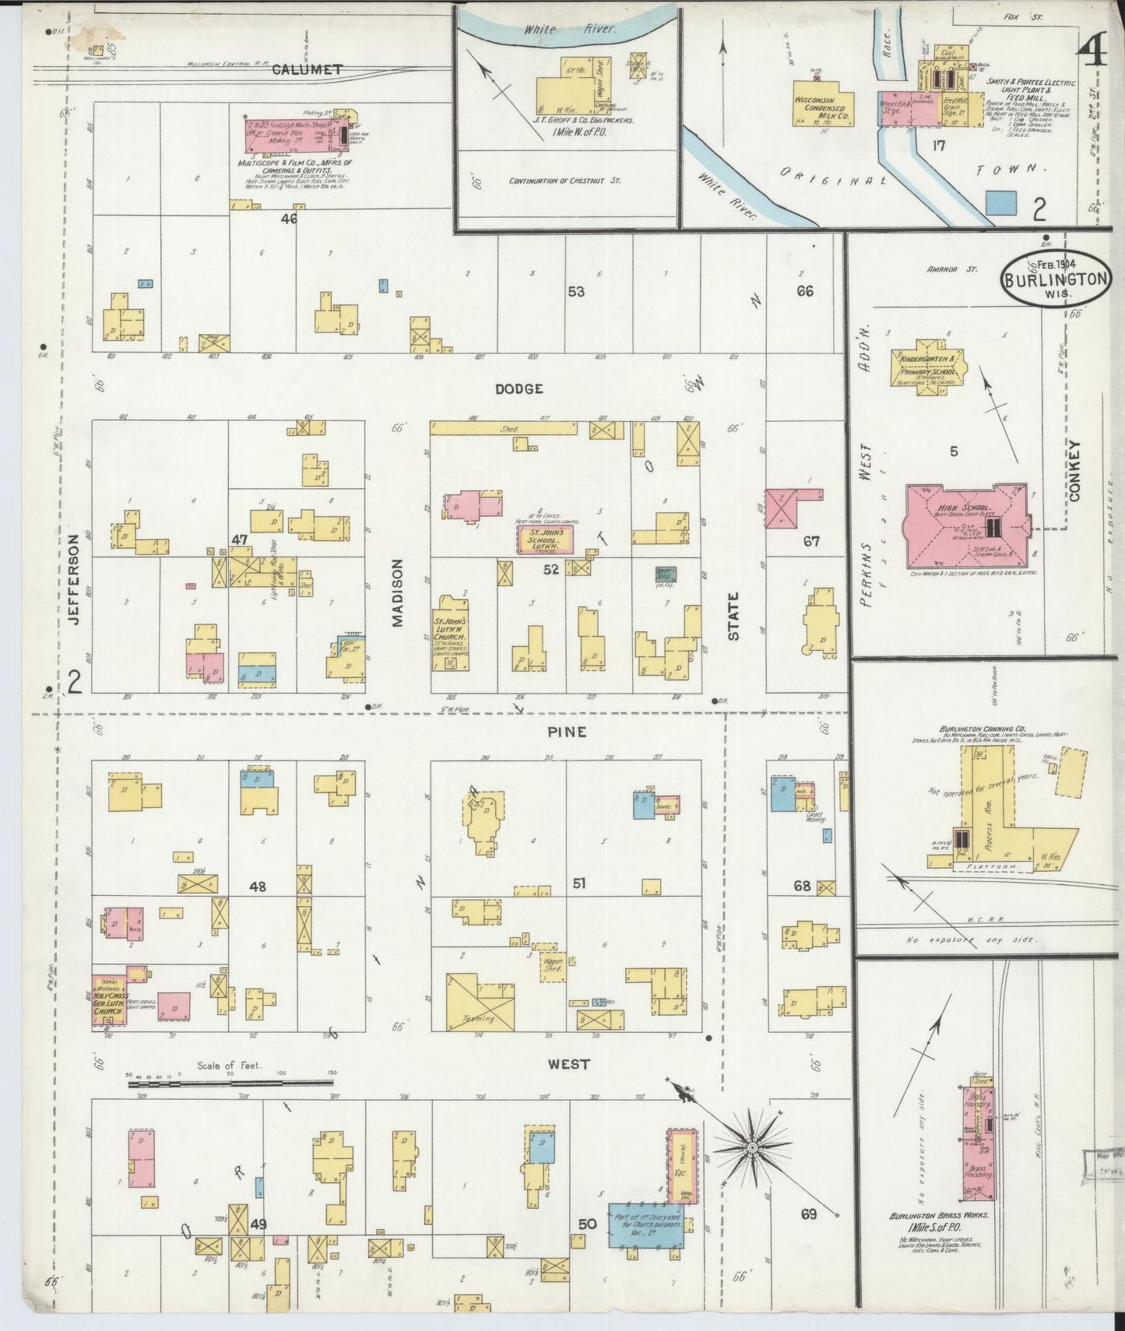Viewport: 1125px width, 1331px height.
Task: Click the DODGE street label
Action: click(519, 388)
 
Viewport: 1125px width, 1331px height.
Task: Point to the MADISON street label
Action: click(398, 593)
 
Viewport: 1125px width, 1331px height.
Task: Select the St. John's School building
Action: click(547, 539)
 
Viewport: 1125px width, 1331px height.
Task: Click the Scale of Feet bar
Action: click(232, 1082)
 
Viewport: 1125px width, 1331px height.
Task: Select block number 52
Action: click(551, 569)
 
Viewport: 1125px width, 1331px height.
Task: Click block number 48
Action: click(258, 887)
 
